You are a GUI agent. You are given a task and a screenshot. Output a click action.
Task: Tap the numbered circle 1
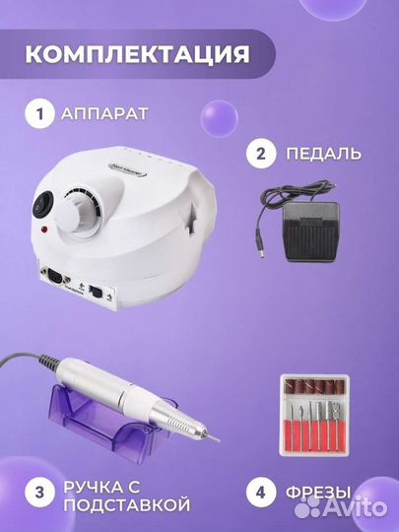click(41, 114)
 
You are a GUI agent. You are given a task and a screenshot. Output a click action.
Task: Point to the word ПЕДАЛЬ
click(326, 155)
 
